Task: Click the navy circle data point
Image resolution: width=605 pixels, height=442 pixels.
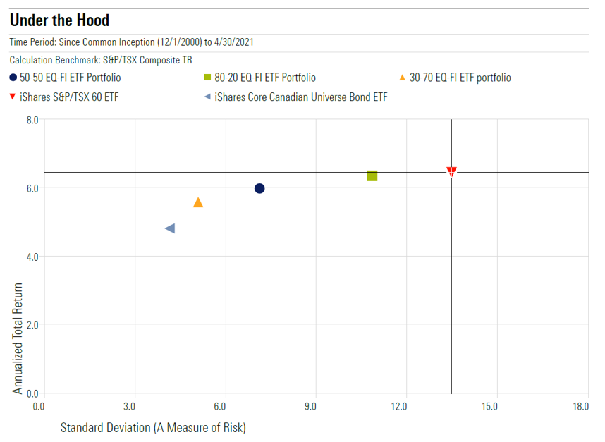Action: pos(259,188)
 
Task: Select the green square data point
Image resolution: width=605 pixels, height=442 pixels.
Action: pos(372,176)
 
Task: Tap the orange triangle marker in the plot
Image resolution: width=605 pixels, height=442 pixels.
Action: pos(198,203)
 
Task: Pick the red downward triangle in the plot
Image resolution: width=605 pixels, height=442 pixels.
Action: pos(451,171)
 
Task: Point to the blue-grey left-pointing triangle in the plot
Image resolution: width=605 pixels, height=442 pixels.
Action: pos(169,228)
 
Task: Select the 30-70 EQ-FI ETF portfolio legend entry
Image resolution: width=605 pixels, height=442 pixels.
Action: pos(460,78)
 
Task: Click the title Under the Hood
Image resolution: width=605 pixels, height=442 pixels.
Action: pos(59,19)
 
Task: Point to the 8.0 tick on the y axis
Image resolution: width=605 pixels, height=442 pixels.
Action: pos(30,121)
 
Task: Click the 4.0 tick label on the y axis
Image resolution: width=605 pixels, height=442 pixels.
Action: pos(30,257)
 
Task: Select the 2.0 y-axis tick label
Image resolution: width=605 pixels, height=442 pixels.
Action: pos(30,325)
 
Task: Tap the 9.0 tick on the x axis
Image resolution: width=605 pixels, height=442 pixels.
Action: pos(310,407)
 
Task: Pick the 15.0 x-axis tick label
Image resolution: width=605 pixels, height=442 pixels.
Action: pos(490,407)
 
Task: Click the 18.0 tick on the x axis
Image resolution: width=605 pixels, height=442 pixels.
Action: pos(580,407)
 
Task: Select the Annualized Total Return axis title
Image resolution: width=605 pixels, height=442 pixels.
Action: pos(18,338)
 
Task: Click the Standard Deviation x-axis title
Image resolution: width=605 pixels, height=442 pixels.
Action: pos(152,427)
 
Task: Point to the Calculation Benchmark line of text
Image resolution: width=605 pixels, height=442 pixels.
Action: pos(101,60)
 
